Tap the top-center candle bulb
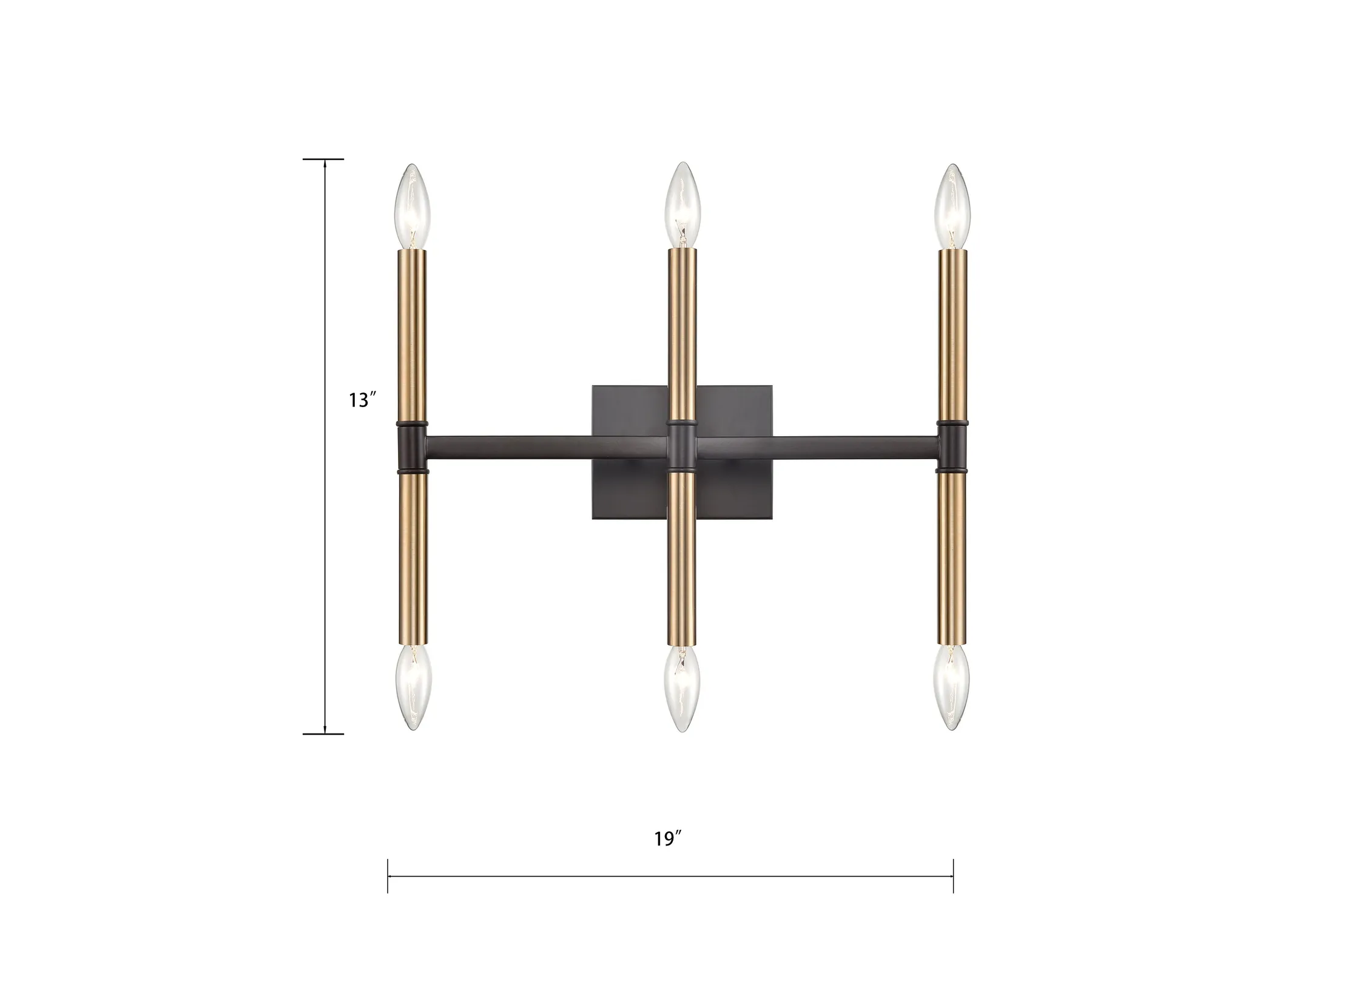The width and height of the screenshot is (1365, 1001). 683,205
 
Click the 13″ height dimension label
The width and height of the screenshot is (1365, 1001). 363,400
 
